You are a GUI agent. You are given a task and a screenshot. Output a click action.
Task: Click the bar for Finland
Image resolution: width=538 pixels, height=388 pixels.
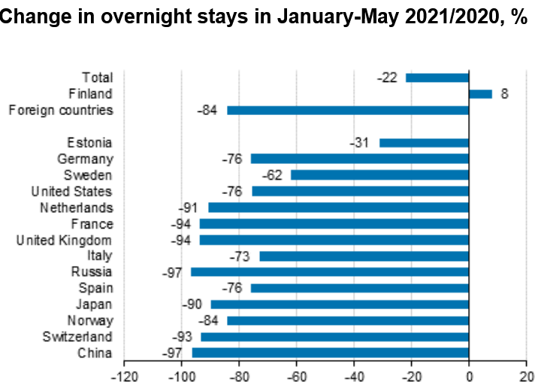click(x=480, y=94)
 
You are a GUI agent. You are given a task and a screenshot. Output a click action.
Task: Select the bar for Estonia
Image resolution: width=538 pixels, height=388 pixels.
click(x=424, y=143)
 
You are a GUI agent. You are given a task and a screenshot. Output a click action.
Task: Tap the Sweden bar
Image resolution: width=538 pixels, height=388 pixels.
click(x=379, y=175)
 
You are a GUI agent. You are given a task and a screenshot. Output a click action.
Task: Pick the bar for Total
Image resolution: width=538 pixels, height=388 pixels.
click(x=437, y=77)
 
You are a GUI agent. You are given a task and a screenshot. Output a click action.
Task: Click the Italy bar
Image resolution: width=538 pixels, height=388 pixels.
click(x=364, y=256)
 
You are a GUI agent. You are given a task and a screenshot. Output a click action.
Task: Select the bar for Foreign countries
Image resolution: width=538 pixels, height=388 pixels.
click(x=348, y=111)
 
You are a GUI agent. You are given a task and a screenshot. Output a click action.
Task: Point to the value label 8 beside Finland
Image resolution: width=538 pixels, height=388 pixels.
click(x=505, y=94)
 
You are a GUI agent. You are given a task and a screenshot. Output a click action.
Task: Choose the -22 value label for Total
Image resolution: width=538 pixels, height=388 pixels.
click(x=388, y=77)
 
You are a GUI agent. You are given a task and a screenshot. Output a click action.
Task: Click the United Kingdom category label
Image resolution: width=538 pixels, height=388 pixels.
click(x=65, y=240)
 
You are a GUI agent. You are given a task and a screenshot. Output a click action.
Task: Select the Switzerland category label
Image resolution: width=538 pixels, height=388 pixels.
click(x=77, y=337)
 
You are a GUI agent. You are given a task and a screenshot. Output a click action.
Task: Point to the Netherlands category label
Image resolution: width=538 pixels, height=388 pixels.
click(x=76, y=208)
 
